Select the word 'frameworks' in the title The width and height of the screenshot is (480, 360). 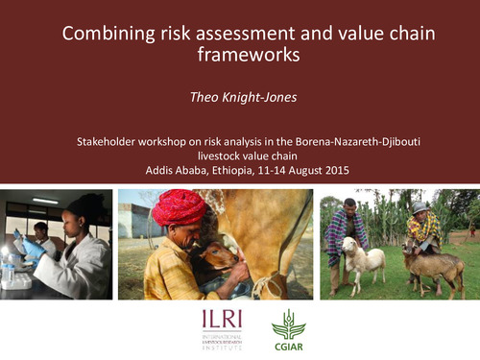[x=249, y=55]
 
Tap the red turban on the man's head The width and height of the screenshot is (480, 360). [x=180, y=207]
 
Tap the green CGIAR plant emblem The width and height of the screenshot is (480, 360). [x=288, y=323]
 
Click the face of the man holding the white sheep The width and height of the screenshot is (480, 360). [x=350, y=209]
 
